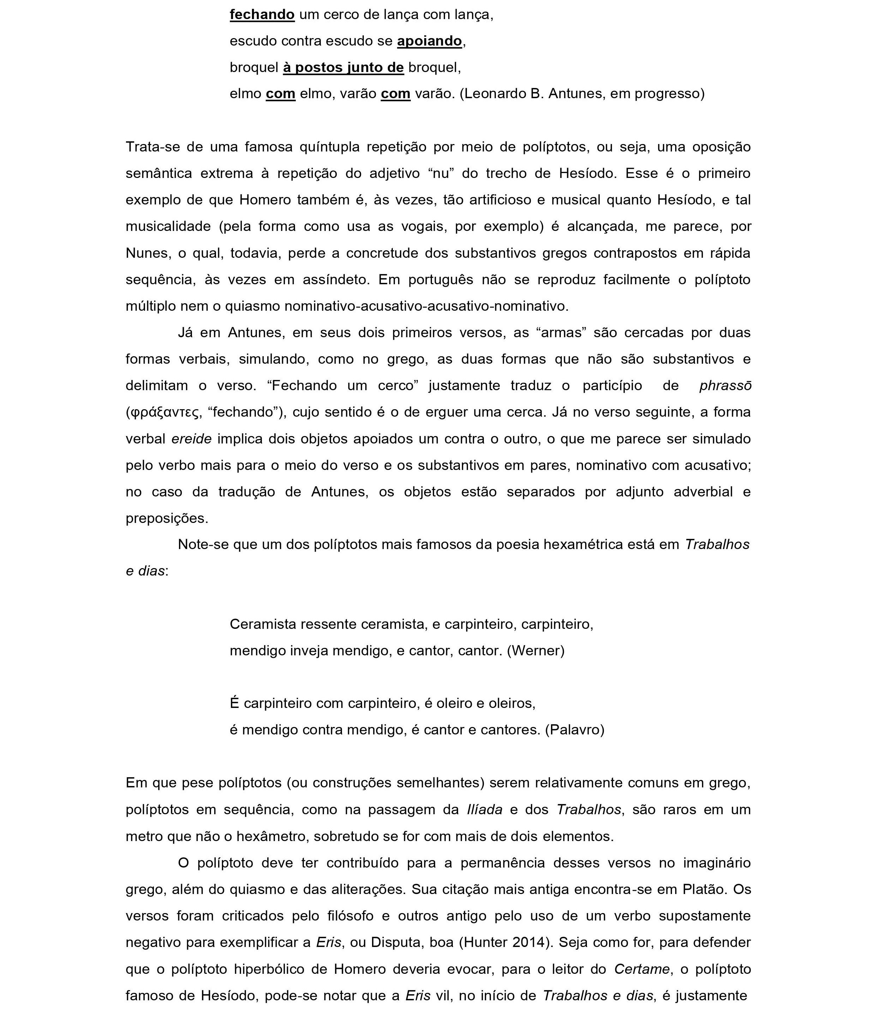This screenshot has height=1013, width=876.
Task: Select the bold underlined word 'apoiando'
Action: tap(429, 41)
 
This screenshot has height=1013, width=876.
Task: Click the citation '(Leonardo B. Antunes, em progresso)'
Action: tap(582, 94)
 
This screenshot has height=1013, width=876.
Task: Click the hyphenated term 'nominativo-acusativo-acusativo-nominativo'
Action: tap(426, 306)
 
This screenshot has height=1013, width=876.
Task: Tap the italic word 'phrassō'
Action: tap(725, 386)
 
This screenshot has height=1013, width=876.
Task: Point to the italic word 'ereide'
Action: tap(191, 439)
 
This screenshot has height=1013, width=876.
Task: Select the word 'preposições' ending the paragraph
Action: tap(167, 518)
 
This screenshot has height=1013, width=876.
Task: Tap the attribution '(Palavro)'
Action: tap(575, 730)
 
